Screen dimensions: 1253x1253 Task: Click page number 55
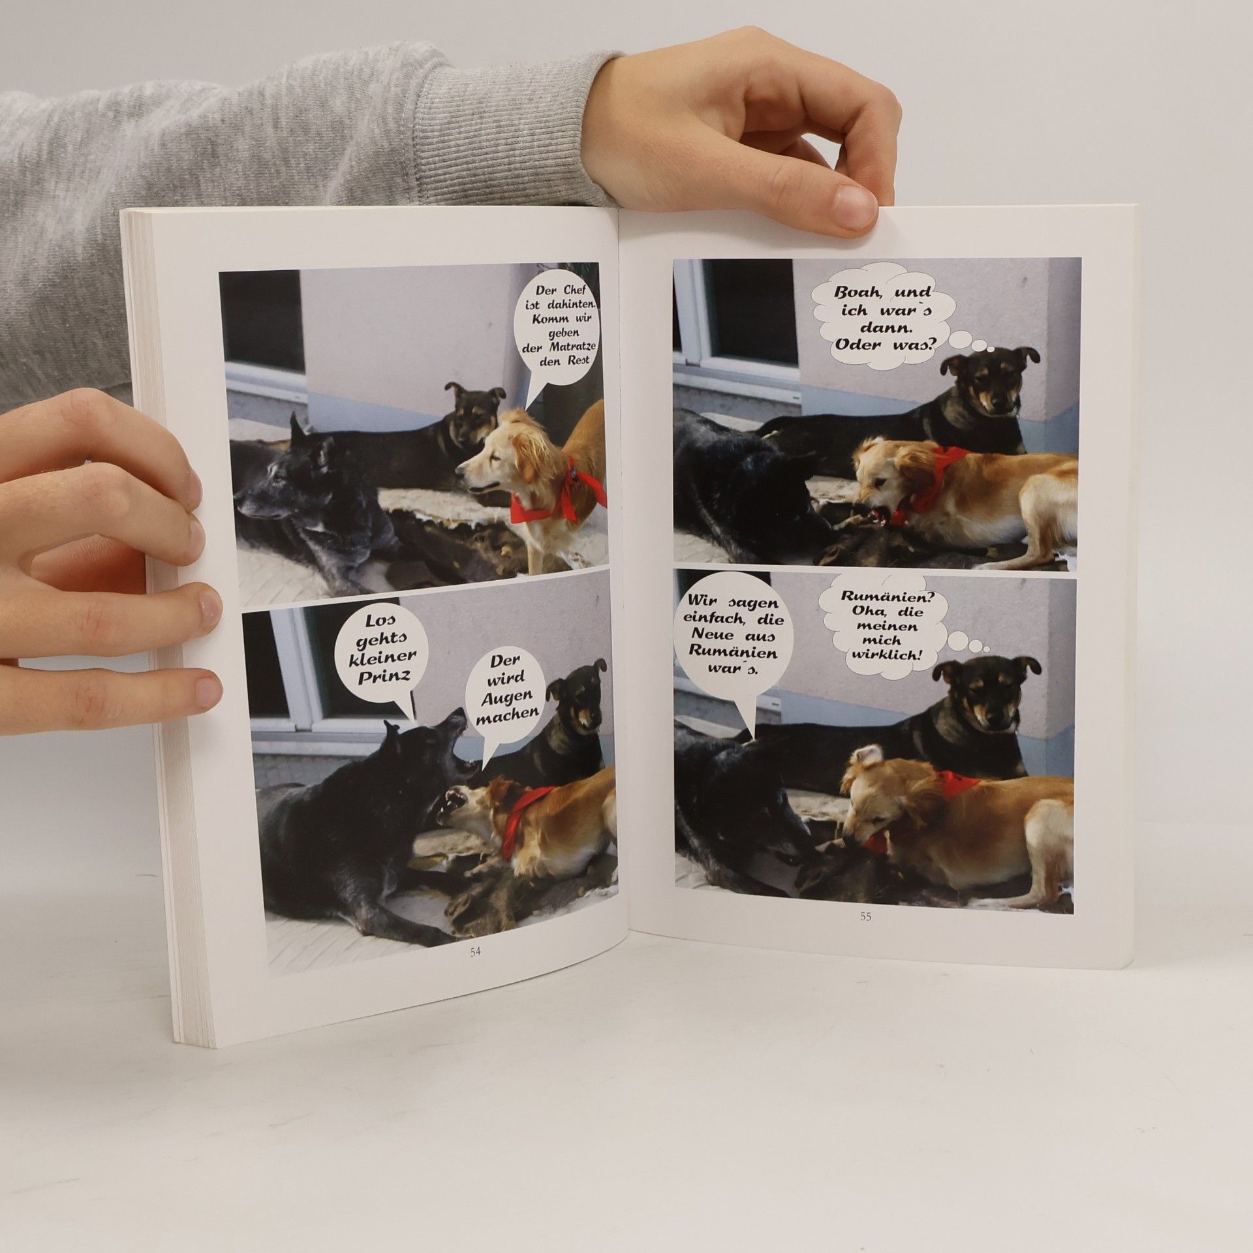click(865, 916)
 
